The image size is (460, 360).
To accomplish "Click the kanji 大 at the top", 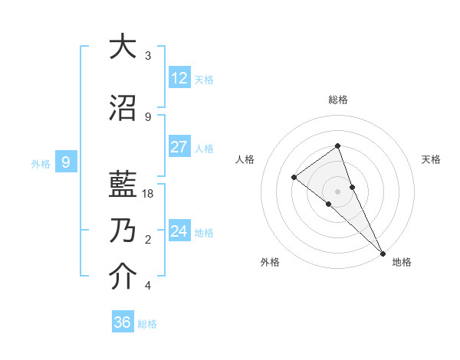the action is click(x=122, y=47).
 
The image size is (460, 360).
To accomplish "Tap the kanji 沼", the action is click(x=122, y=106).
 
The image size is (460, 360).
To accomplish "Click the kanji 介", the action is click(x=122, y=277).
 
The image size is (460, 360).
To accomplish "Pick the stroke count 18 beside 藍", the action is click(x=149, y=194).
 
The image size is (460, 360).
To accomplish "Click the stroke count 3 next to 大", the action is click(x=148, y=56).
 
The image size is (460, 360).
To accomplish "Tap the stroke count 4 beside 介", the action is click(x=148, y=286).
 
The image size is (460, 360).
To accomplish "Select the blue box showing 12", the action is click(x=179, y=78).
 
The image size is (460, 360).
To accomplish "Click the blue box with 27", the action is click(x=179, y=147).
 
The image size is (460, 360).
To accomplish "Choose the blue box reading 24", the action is click(x=179, y=231).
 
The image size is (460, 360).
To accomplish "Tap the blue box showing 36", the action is click(x=123, y=322).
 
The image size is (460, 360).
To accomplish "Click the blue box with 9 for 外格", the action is click(x=67, y=162).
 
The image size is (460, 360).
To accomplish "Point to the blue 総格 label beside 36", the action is click(x=147, y=324).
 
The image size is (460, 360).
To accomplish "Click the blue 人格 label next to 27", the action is click(x=204, y=149).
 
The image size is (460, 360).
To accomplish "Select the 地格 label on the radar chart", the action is click(x=402, y=262).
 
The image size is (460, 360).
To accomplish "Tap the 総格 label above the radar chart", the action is click(x=338, y=100).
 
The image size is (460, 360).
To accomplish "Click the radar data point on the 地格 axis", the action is click(x=382, y=253).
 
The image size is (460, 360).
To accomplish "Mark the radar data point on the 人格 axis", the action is click(x=294, y=178).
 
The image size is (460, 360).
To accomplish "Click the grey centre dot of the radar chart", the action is click(x=338, y=191).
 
